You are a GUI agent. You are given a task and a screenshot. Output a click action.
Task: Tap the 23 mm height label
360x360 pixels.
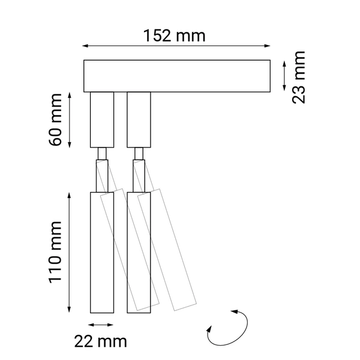[x=298, y=77]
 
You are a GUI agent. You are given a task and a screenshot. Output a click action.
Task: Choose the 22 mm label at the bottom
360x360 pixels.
[x=101, y=342]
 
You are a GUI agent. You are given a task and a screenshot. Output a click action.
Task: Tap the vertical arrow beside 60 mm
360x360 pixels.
[x=71, y=119]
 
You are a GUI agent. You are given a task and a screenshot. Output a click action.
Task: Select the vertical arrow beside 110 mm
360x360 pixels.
[x=71, y=252]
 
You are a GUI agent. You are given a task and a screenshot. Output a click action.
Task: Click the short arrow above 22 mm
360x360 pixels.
[x=101, y=325]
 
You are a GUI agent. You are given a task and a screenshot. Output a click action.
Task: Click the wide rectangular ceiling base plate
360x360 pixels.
[x=176, y=76]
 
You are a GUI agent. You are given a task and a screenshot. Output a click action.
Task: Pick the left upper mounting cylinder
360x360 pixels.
[x=101, y=119]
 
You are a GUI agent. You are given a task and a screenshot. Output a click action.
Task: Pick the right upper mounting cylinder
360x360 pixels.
[x=139, y=119]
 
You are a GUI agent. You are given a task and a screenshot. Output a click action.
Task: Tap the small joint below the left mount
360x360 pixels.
[x=101, y=154]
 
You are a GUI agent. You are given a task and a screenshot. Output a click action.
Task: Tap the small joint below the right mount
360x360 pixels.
[x=139, y=154]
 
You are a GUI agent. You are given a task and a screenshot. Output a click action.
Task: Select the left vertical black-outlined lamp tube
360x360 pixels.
[x=101, y=252]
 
